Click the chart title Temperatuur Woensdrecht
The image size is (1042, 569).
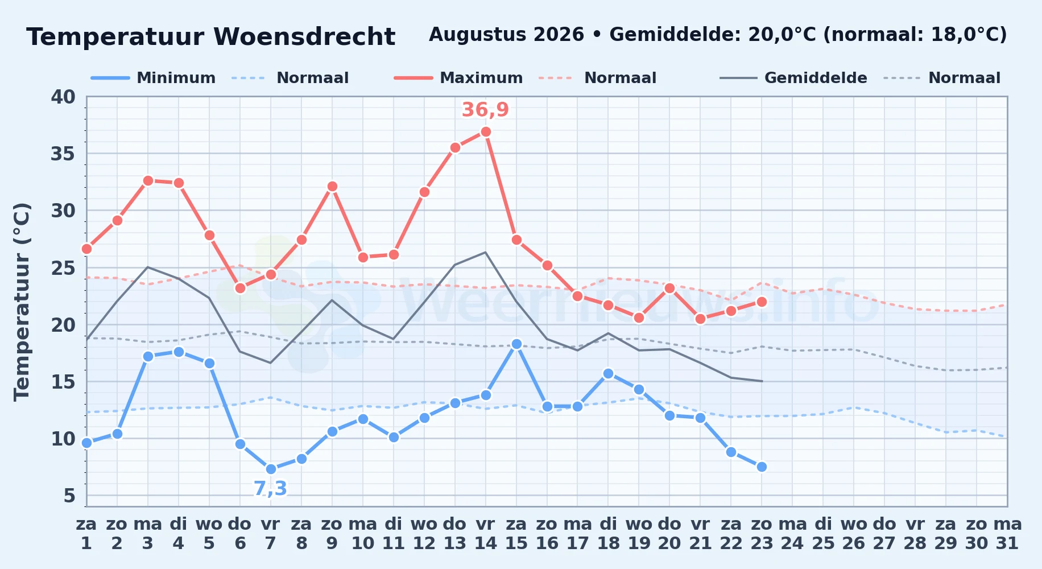click(x=210, y=37)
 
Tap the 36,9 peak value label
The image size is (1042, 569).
click(x=485, y=110)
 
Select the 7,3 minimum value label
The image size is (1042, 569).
click(x=270, y=489)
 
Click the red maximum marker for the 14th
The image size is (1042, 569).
click(x=486, y=131)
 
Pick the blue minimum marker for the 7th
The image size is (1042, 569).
click(x=271, y=469)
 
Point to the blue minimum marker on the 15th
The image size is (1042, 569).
click(x=516, y=344)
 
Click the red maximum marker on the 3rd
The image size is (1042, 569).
click(x=148, y=180)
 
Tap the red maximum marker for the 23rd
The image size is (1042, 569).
click(x=762, y=302)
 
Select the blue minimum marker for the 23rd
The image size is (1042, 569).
click(x=762, y=467)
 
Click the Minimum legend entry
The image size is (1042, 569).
click(x=154, y=78)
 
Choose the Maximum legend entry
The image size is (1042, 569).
click(x=458, y=78)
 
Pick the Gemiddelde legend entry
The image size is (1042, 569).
click(x=793, y=78)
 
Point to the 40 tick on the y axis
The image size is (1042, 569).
click(x=63, y=97)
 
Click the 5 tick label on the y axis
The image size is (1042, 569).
click(x=69, y=496)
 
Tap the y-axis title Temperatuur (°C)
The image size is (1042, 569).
click(x=22, y=302)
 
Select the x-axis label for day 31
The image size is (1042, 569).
click(x=1007, y=533)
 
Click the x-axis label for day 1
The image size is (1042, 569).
click(x=86, y=533)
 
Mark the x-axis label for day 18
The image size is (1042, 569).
click(x=608, y=533)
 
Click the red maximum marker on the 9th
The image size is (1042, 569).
click(x=332, y=186)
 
